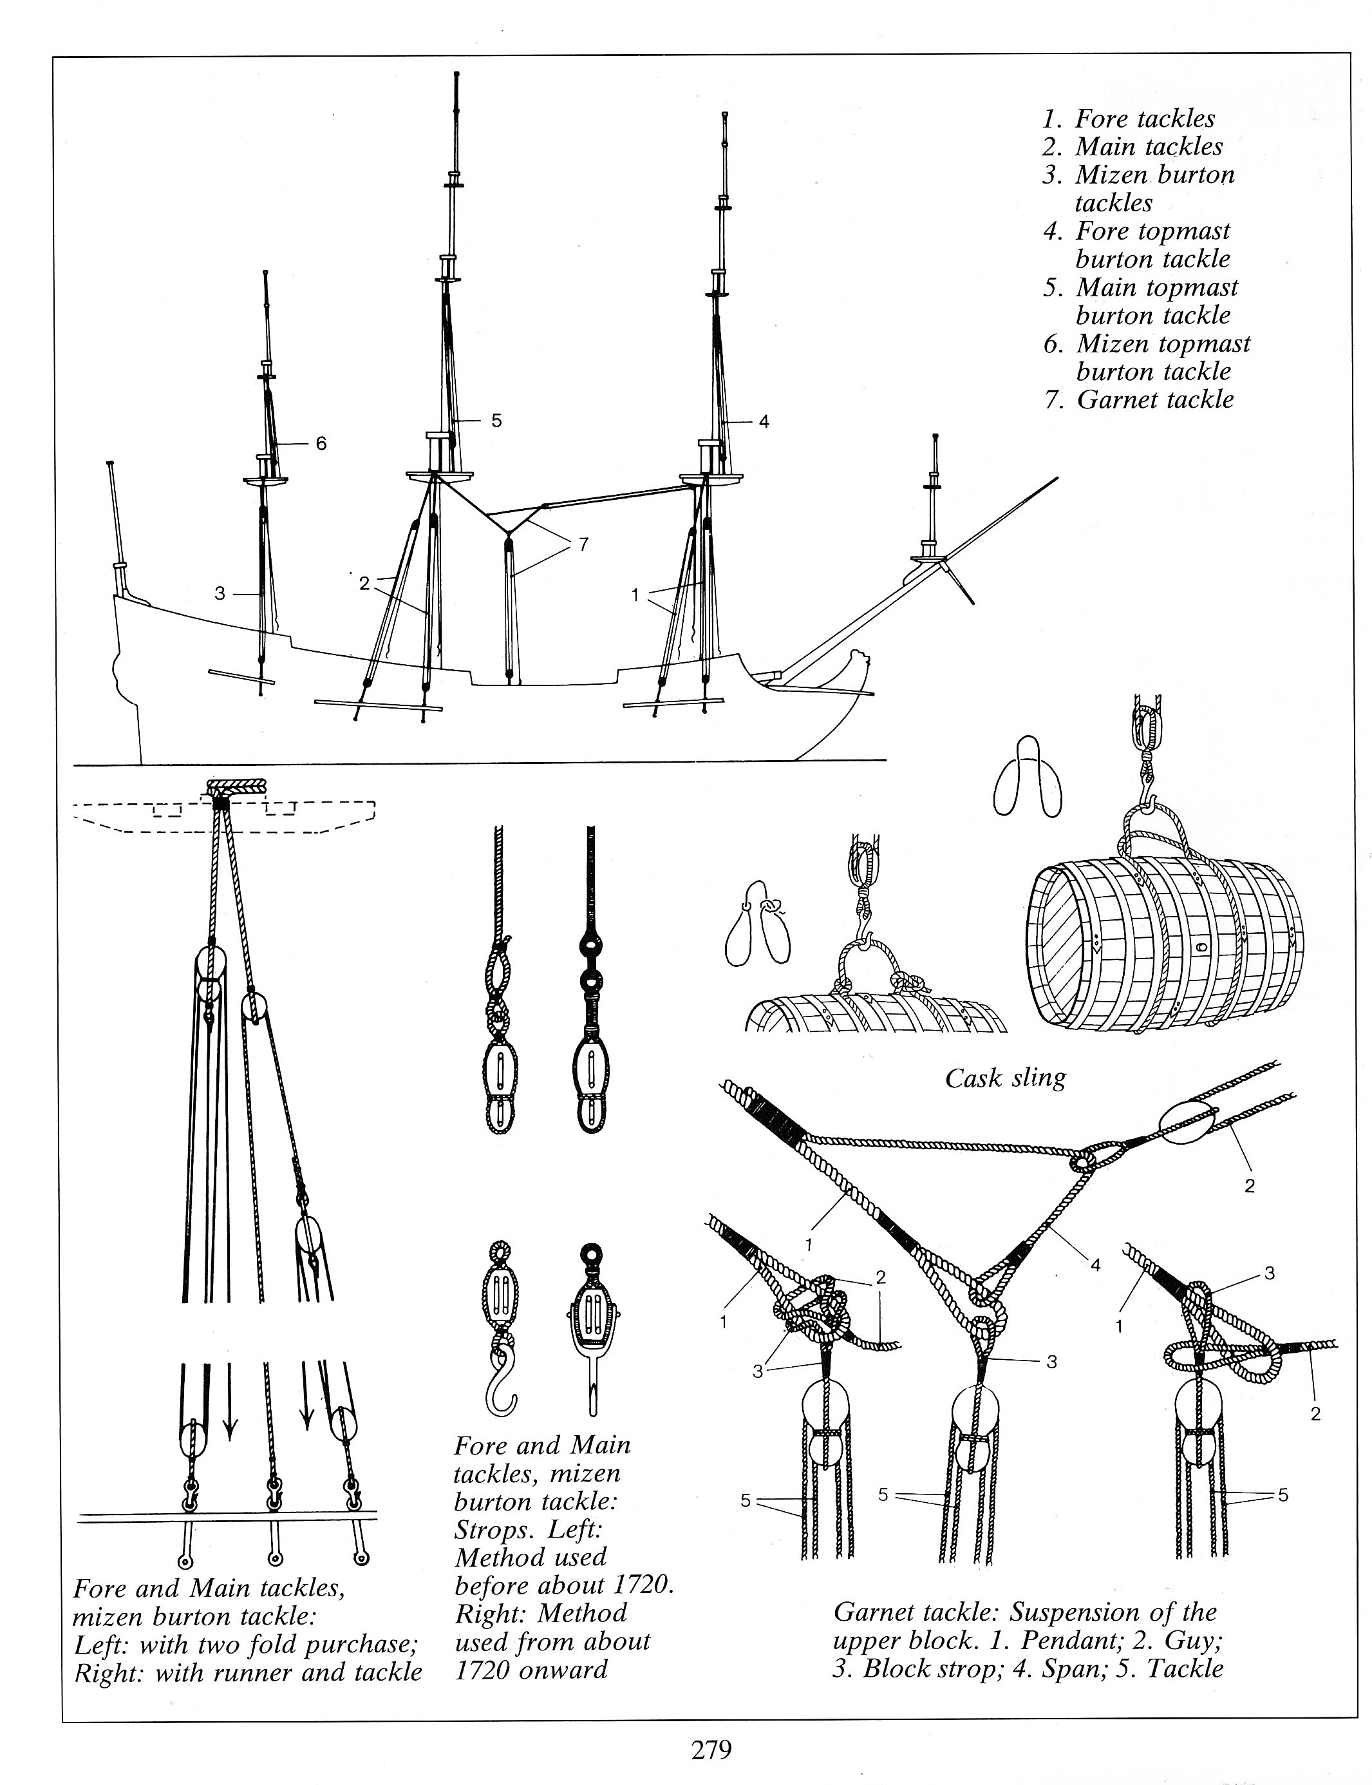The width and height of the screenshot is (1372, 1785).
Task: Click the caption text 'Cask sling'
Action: tap(1005, 1078)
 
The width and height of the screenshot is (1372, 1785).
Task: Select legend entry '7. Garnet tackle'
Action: tap(1139, 399)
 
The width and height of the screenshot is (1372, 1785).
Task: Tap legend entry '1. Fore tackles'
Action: tap(1129, 119)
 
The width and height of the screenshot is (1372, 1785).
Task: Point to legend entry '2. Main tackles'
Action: tap(1132, 147)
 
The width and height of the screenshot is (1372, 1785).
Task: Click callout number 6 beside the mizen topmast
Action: tap(321, 444)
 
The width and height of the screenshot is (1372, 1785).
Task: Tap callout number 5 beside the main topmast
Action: tap(496, 421)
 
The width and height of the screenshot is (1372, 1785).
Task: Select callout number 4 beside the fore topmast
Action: tap(764, 421)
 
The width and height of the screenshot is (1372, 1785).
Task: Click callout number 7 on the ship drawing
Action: tap(583, 544)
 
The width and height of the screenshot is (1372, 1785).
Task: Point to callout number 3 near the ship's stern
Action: tap(220, 594)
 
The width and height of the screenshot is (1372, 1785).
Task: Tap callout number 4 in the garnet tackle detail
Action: tap(1096, 1265)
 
